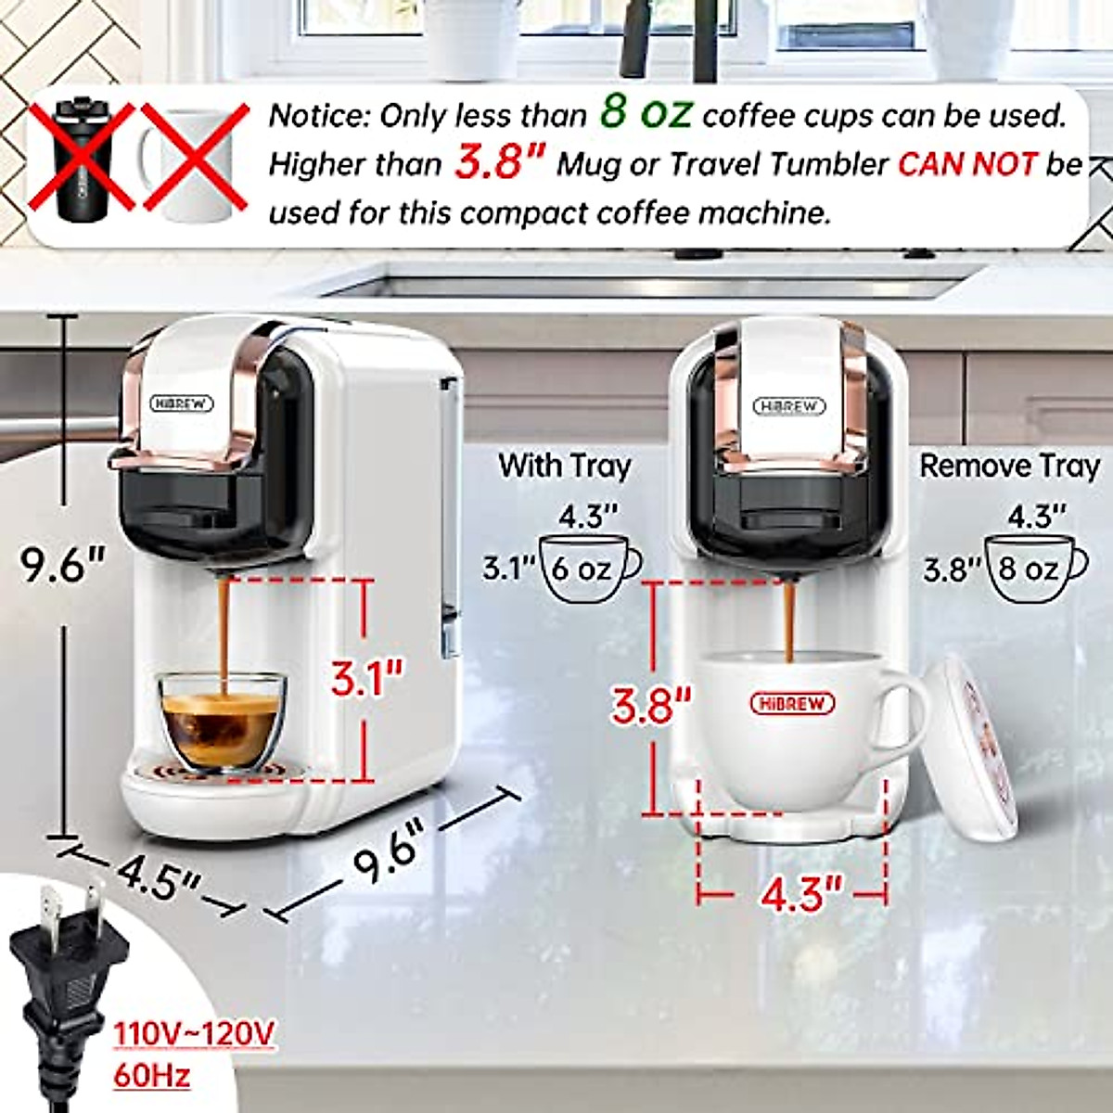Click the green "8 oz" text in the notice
[645, 112]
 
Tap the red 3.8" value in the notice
[498, 163]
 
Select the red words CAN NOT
[967, 164]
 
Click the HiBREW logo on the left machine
[182, 403]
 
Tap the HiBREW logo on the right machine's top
[789, 406]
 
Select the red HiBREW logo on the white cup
[791, 703]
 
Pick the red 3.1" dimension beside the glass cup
[367, 680]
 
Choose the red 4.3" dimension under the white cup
[800, 894]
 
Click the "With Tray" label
[564, 465]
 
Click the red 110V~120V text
[194, 1033]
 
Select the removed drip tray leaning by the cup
[970, 742]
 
